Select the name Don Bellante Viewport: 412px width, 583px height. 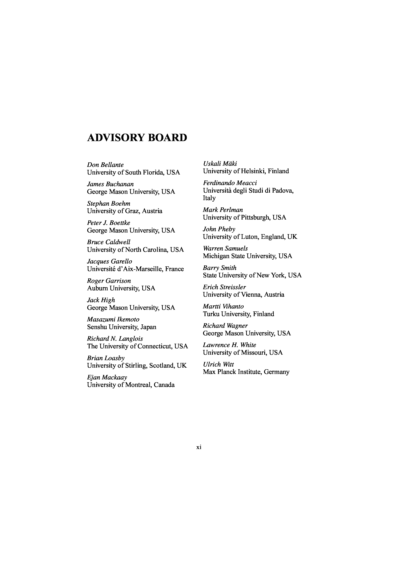click(105, 165)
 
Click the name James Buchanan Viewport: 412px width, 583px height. click(110, 184)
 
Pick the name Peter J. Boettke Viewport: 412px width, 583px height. click(109, 223)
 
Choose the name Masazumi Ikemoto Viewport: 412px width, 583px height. click(113, 319)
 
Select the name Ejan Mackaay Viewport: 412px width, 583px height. click(107, 377)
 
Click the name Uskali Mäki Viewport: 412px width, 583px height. click(220, 164)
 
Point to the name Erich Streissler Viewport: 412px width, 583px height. click(224, 287)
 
